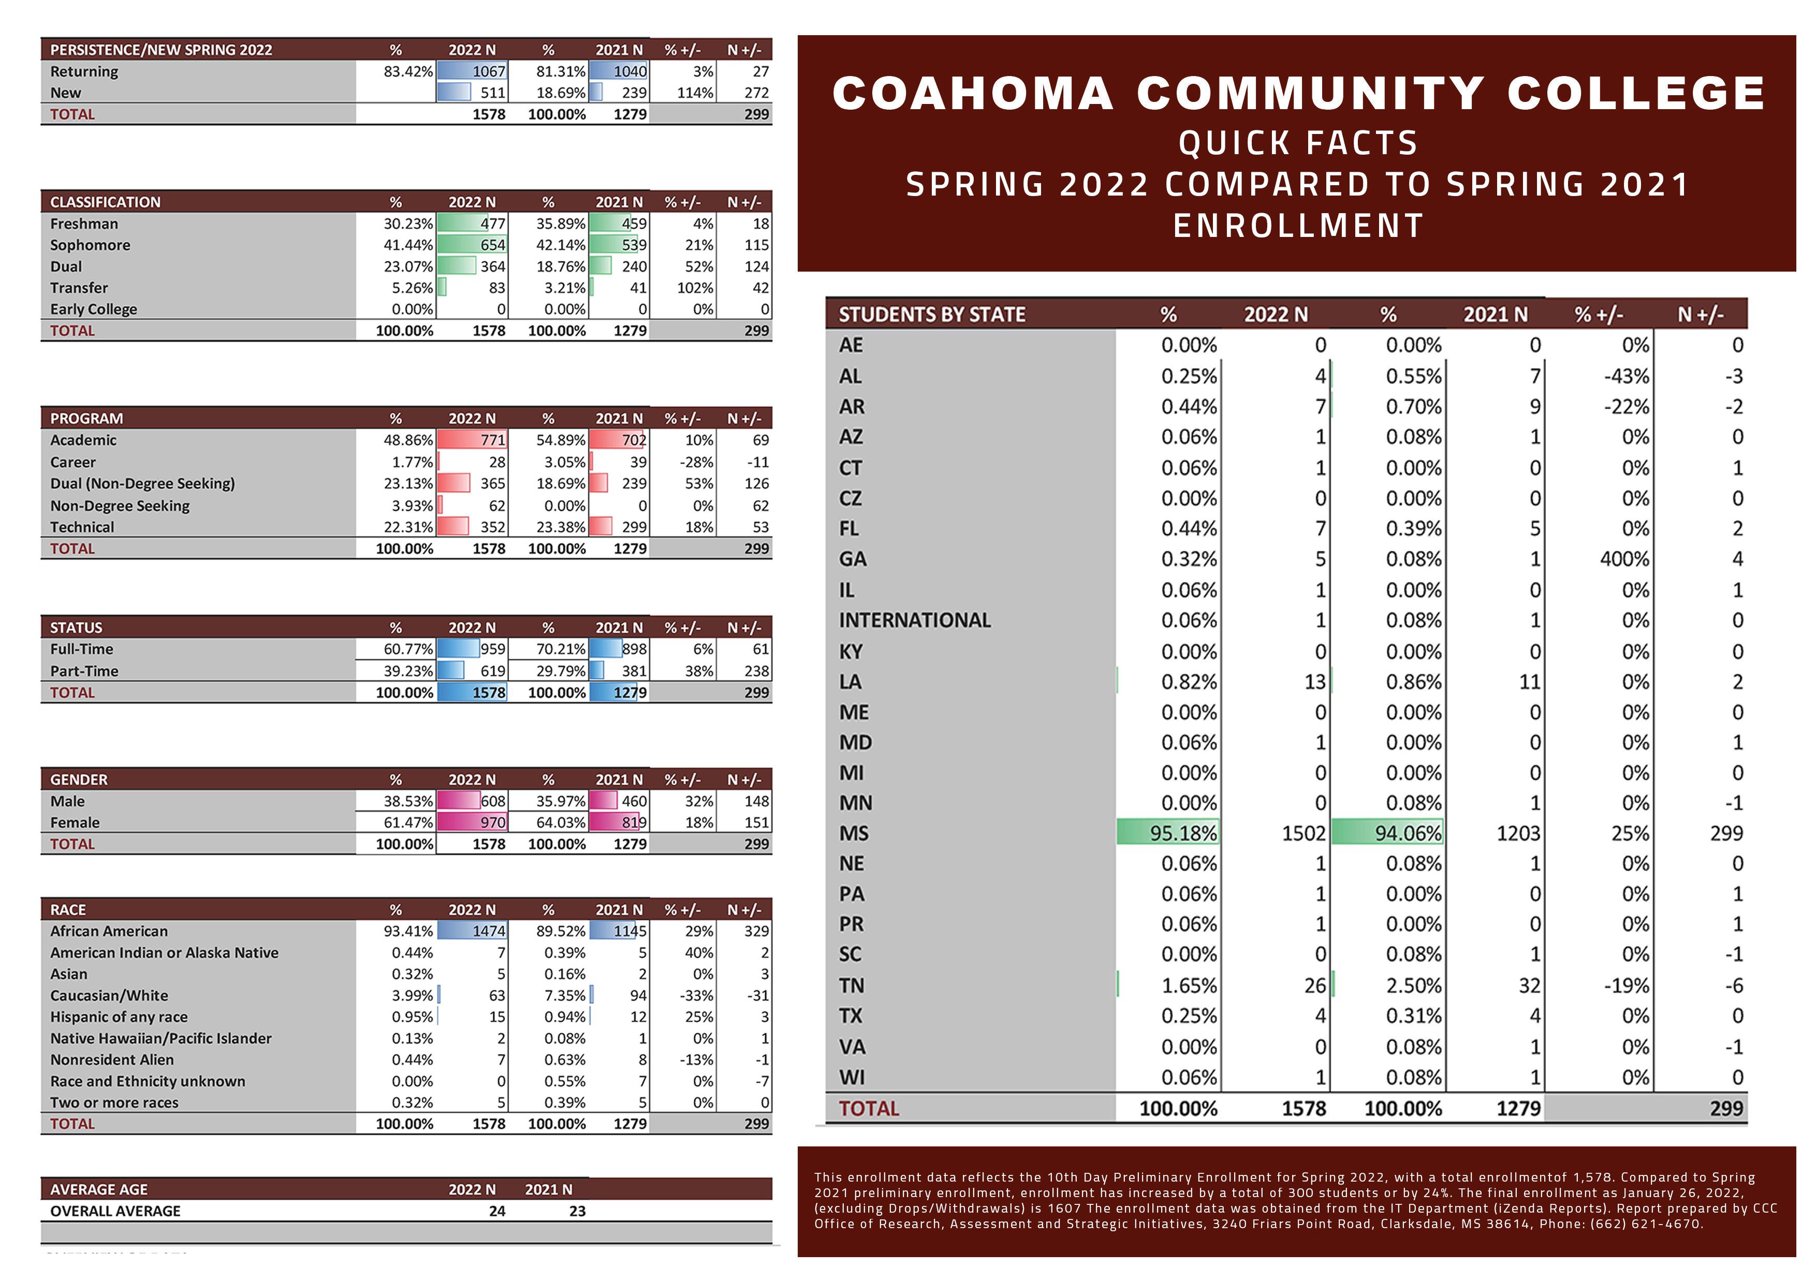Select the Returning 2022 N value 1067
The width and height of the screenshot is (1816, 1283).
click(x=489, y=71)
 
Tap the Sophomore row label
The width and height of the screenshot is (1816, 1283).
click(x=90, y=245)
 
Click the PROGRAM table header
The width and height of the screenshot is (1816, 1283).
click(x=86, y=418)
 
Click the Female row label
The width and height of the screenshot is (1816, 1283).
click(x=75, y=822)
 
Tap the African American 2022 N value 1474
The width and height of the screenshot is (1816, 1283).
click(x=489, y=931)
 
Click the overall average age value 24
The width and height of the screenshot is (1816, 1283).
click(x=497, y=1211)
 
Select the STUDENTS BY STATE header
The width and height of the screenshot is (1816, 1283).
click(x=932, y=315)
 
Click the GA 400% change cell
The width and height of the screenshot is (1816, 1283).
click(x=1624, y=559)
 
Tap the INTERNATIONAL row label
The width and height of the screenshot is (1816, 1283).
click(x=914, y=621)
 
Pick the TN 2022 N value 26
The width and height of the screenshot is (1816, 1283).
click(x=1314, y=986)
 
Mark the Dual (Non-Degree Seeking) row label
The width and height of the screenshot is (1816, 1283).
click(x=142, y=483)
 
